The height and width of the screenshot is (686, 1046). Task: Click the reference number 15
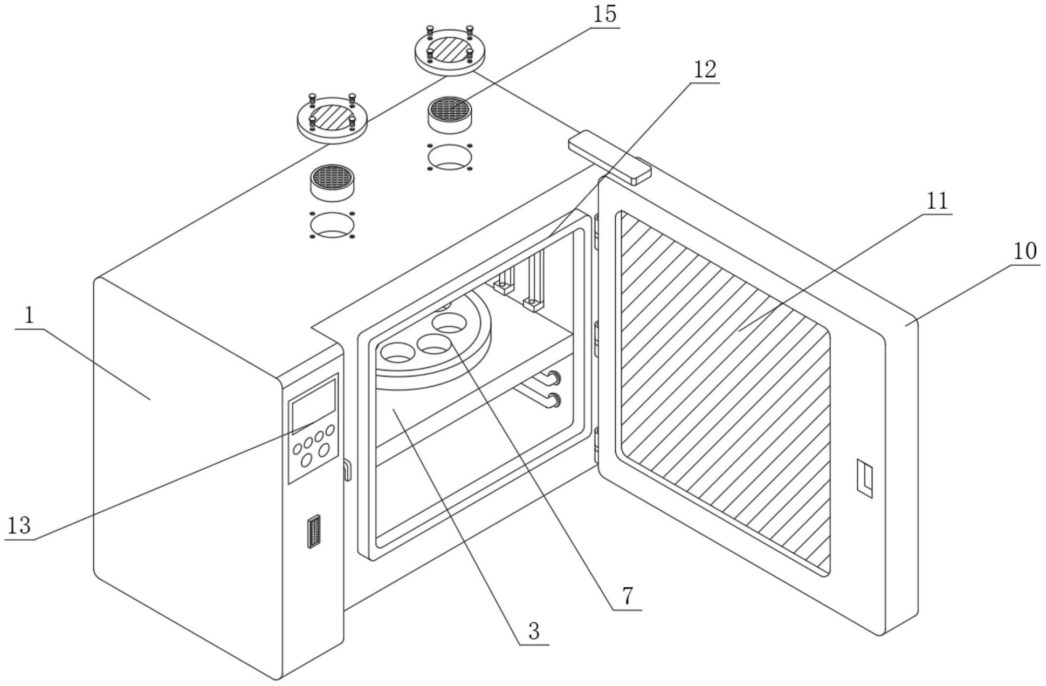pos(604,14)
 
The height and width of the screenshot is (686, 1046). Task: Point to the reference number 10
pos(1024,251)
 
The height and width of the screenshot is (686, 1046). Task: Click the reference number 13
pos(19,525)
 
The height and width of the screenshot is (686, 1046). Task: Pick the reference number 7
pos(627,596)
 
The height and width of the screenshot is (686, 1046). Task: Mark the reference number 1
pos(29,315)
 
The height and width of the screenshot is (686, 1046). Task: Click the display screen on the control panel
pos(314,406)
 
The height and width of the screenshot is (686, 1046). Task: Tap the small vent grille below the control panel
pos(314,531)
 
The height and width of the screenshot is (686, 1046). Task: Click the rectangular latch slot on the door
pos(864,478)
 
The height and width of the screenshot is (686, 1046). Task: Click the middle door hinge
pos(597,339)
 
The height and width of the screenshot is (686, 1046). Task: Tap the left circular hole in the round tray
pos(398,352)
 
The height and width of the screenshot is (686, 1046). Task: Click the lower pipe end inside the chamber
pos(553,400)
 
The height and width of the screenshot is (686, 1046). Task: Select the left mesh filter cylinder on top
pos(333,182)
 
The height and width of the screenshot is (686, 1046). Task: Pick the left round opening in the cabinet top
pos(332,225)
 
